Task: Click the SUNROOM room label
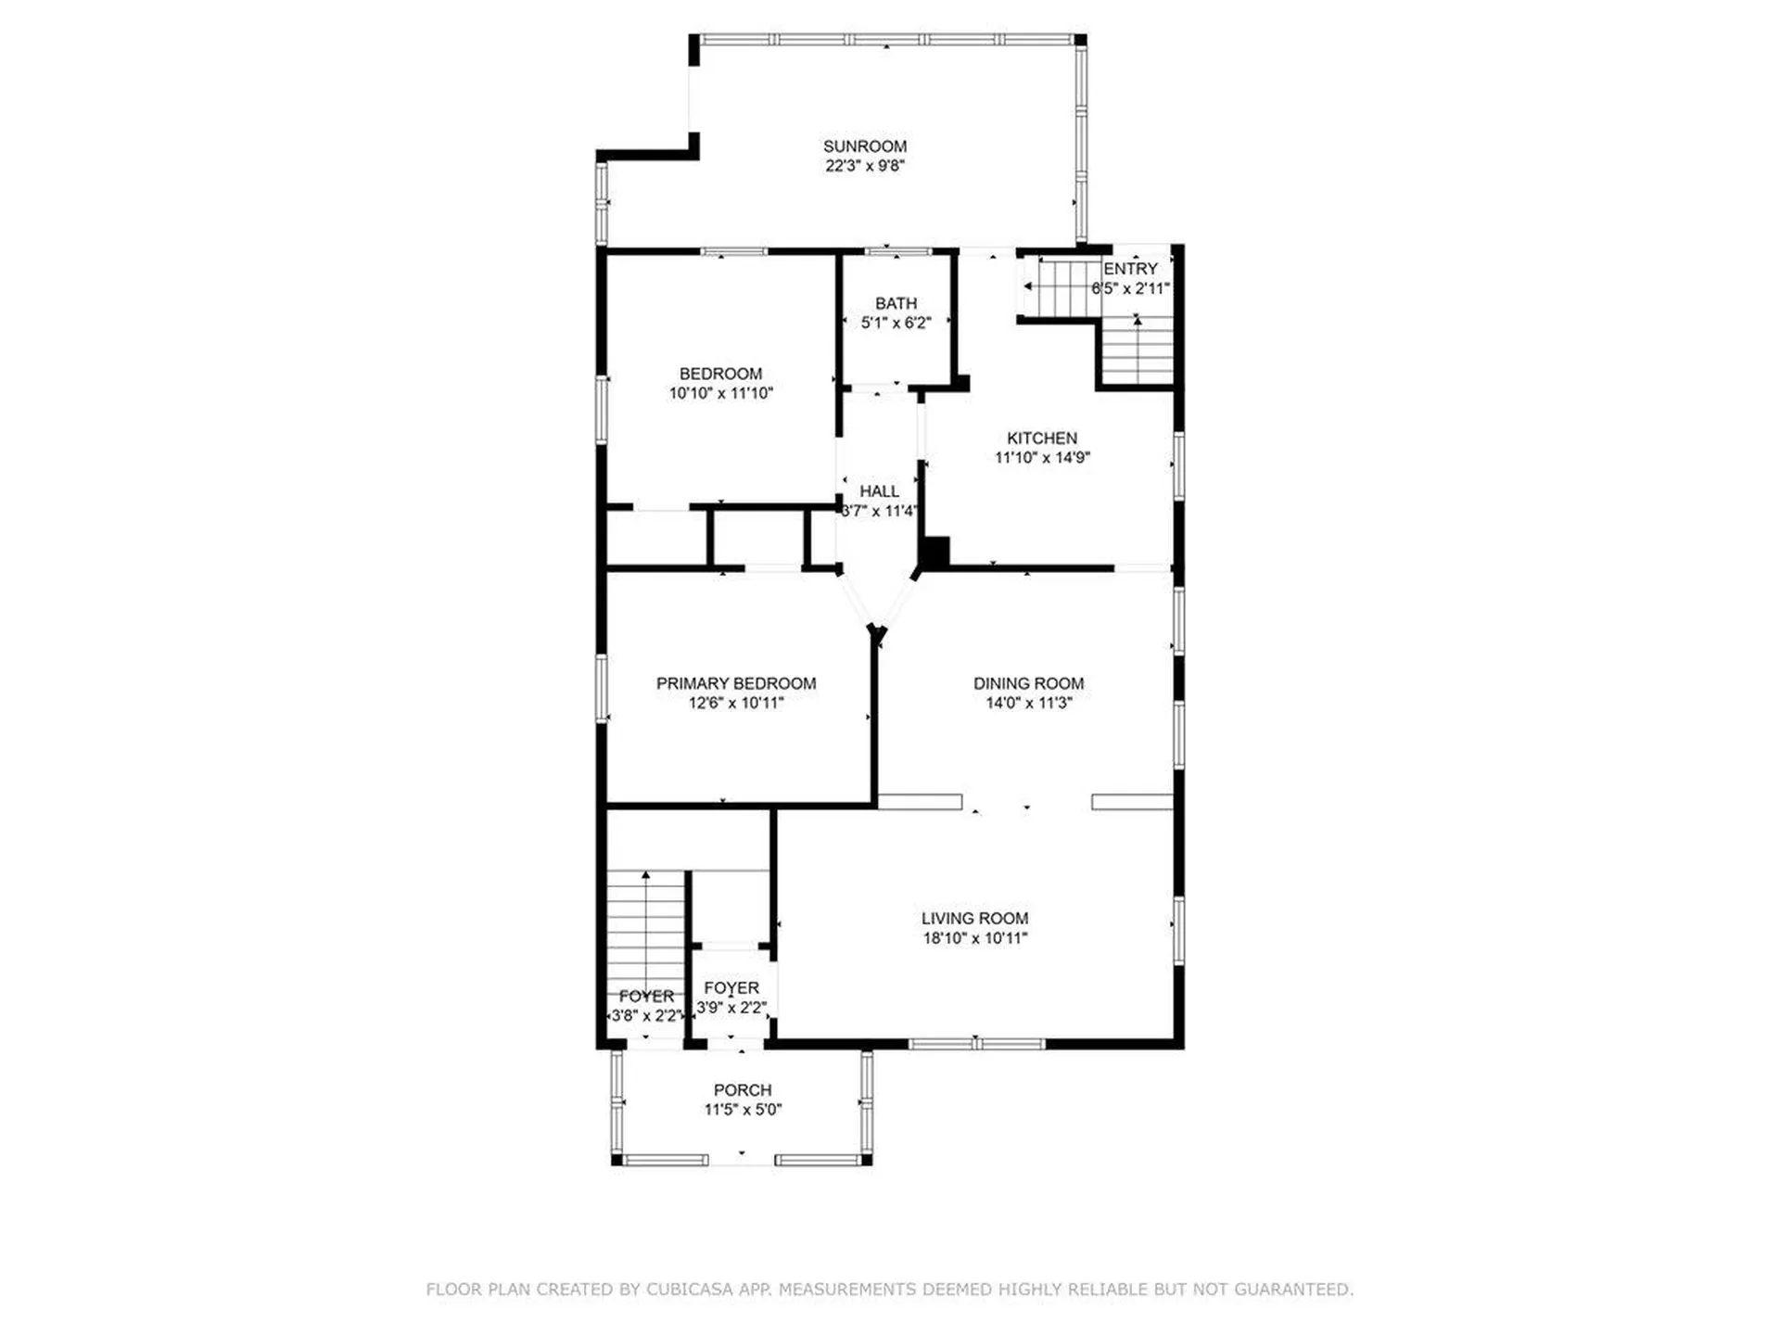click(x=864, y=146)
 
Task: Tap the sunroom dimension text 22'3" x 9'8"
click(x=864, y=166)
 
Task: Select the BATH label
click(x=896, y=303)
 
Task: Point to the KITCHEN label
click(x=1041, y=438)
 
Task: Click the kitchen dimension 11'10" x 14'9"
click(x=1041, y=457)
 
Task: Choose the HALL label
click(x=878, y=491)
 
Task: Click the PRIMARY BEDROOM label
click(x=735, y=683)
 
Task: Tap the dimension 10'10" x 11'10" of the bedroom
click(x=720, y=393)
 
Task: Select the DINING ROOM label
click(x=1027, y=683)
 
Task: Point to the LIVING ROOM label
click(x=973, y=918)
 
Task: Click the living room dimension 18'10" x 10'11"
click(x=973, y=938)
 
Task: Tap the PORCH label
click(x=742, y=1090)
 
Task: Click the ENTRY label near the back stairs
click(x=1129, y=269)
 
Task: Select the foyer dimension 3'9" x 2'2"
click(x=731, y=1008)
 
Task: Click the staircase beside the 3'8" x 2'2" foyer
click(x=645, y=927)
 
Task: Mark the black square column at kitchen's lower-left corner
click(x=935, y=553)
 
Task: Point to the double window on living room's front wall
click(x=976, y=1044)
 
